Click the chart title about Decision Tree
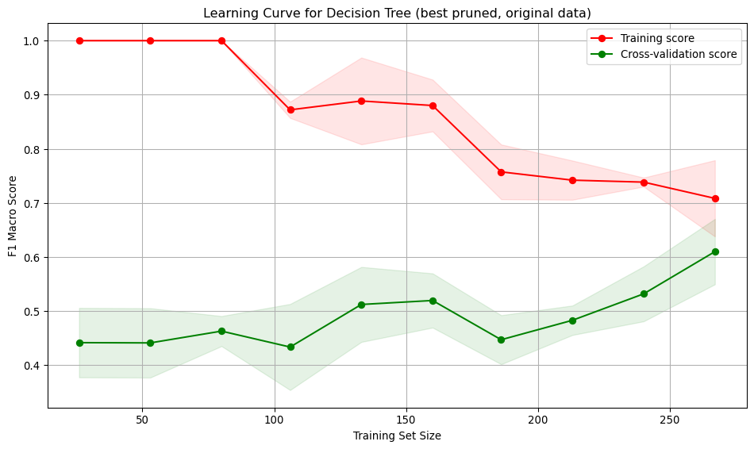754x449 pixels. [x=397, y=13]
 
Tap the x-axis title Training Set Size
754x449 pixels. [x=397, y=436]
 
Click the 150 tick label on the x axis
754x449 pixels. [x=406, y=418]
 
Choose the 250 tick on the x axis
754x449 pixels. [x=670, y=418]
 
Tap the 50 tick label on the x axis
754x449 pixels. [x=142, y=418]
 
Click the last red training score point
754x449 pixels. [x=715, y=198]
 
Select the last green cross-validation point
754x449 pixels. [x=715, y=251]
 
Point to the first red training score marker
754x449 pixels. [x=79, y=40]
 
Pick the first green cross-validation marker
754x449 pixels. [x=79, y=343]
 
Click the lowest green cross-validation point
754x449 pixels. [x=290, y=347]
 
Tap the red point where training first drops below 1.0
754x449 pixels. [x=290, y=109]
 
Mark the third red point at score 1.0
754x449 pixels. [x=221, y=40]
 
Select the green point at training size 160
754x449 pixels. [x=433, y=301]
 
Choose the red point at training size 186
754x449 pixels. [x=501, y=172]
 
